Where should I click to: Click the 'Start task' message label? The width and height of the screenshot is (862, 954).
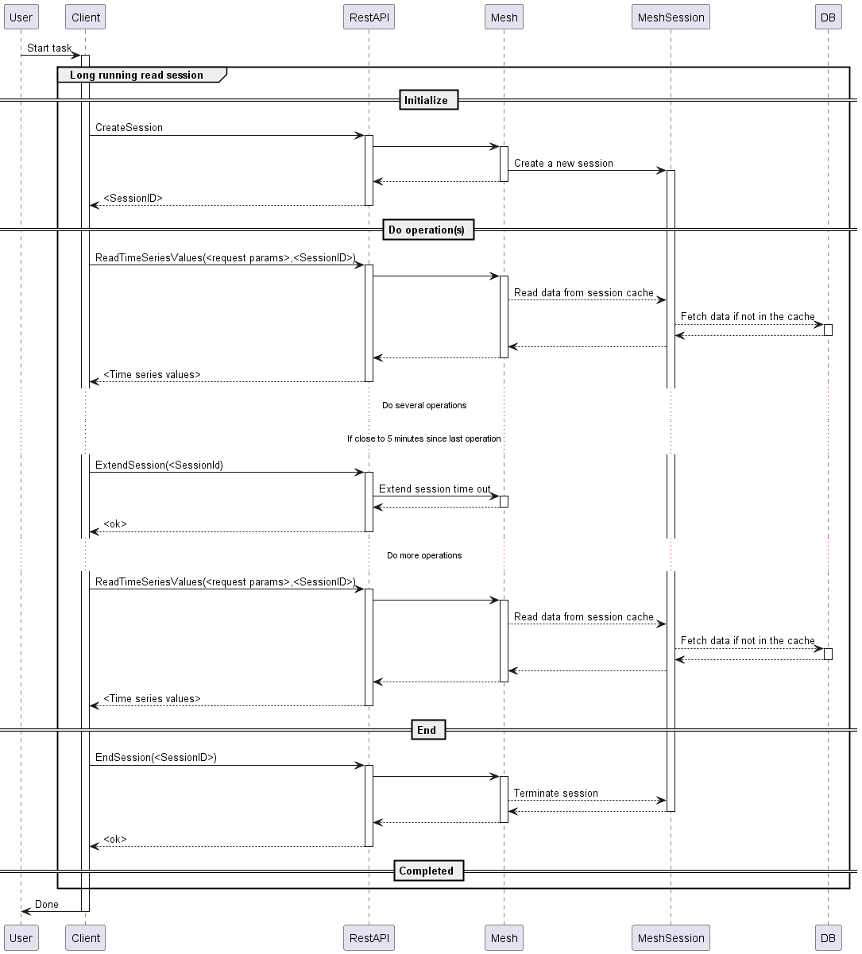click(49, 48)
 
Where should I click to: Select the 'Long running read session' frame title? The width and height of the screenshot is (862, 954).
click(137, 75)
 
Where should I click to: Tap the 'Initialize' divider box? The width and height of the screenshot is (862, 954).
click(426, 100)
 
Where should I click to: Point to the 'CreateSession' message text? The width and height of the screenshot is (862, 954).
click(129, 127)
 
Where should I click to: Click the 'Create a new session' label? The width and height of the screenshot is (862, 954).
click(563, 164)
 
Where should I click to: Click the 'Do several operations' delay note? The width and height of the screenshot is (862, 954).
click(424, 405)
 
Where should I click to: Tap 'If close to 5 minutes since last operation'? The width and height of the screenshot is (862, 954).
click(424, 438)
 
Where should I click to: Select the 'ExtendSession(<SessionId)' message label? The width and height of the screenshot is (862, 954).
click(159, 465)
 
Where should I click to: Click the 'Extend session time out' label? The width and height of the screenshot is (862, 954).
click(435, 489)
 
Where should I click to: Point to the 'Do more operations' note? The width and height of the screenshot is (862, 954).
click(424, 555)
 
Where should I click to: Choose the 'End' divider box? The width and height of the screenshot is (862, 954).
click(427, 730)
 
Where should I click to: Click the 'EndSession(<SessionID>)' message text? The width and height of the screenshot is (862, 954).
click(156, 758)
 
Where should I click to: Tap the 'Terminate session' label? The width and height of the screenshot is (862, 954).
click(556, 794)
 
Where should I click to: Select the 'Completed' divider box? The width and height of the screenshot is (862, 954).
click(426, 871)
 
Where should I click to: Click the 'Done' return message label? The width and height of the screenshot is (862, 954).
click(47, 905)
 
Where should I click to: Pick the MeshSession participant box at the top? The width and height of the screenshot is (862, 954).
click(671, 17)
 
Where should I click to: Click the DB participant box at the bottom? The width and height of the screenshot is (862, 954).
click(828, 938)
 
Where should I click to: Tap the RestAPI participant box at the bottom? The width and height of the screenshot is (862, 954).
click(369, 938)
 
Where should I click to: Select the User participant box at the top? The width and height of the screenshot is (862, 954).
click(21, 17)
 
